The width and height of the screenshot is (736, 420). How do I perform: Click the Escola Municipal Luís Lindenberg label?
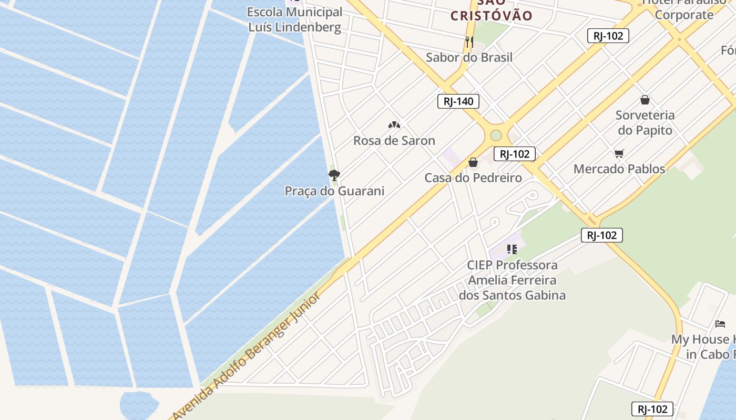[294, 19]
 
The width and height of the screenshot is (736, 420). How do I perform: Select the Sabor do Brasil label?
[469, 57]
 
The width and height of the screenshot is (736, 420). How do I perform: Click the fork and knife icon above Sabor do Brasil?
[469, 41]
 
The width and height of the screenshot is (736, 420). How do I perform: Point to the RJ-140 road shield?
[458, 101]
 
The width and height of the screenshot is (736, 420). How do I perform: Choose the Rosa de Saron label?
[394, 141]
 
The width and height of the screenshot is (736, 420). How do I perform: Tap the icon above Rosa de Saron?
[394, 125]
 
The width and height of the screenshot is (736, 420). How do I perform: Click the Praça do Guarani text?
[334, 191]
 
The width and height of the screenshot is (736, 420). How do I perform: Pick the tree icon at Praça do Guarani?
[334, 175]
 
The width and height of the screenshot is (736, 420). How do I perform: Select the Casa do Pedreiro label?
[473, 178]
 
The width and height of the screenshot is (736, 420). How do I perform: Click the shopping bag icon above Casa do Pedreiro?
[473, 162]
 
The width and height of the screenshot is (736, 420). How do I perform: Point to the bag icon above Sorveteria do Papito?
[645, 100]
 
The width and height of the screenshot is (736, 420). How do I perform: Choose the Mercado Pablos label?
[619, 169]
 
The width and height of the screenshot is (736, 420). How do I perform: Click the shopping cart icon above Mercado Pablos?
[619, 153]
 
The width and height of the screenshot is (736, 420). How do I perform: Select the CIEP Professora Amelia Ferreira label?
[512, 280]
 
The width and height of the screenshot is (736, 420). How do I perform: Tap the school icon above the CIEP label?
[512, 249]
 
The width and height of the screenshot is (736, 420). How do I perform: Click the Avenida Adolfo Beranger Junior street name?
[247, 357]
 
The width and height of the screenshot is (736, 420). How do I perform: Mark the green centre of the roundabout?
[496, 135]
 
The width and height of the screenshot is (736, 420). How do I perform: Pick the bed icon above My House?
[720, 324]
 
